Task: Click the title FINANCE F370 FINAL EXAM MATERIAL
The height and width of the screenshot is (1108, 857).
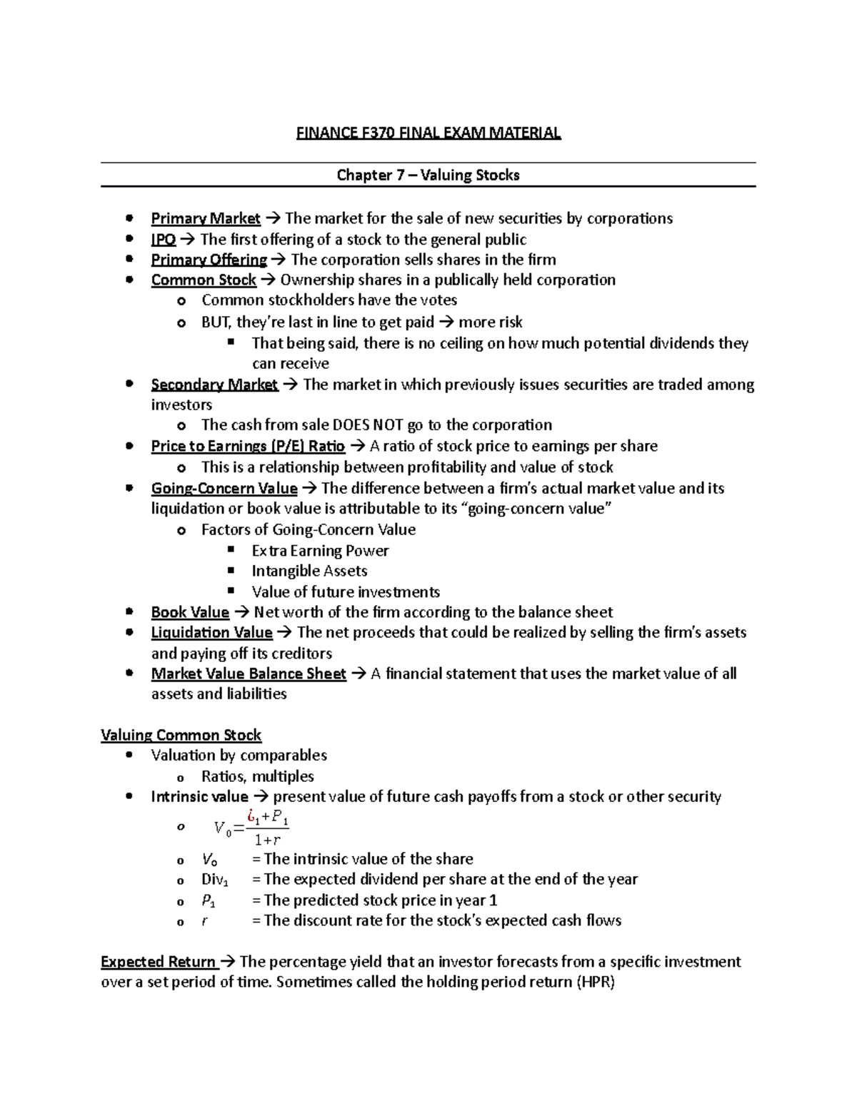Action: (x=428, y=133)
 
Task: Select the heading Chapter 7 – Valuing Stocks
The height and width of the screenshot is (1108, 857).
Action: (x=428, y=175)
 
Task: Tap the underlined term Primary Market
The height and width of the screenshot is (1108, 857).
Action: (x=206, y=218)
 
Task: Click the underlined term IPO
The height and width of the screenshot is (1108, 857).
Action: (x=164, y=239)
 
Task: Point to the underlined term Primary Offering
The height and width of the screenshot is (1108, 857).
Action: (x=209, y=260)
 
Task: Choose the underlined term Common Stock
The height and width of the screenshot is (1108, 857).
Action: (x=204, y=280)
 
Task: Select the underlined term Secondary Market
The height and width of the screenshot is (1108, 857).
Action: (x=214, y=385)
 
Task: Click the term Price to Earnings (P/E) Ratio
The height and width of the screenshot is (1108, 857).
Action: (x=248, y=447)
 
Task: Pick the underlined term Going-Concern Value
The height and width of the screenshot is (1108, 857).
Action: (x=224, y=489)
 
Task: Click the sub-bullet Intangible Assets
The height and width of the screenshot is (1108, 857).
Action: (x=309, y=571)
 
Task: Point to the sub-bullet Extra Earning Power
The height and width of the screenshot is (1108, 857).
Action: (x=320, y=551)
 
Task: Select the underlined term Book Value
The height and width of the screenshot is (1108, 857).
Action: (x=190, y=612)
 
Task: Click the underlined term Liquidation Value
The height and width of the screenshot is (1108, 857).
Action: (x=211, y=633)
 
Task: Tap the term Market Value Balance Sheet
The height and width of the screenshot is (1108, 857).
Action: (x=249, y=674)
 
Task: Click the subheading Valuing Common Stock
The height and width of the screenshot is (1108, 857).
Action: (x=181, y=736)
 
